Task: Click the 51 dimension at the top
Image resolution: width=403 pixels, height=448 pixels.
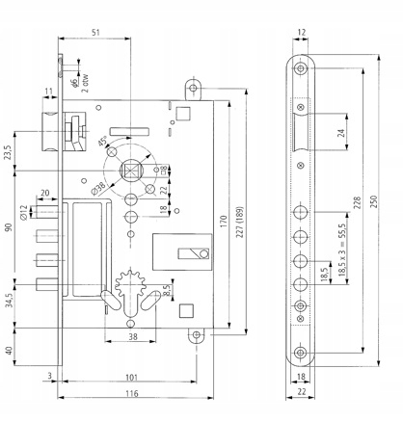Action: point(95,32)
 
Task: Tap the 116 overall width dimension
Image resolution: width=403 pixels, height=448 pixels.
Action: point(132,393)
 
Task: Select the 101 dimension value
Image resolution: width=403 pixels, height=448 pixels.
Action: point(131,378)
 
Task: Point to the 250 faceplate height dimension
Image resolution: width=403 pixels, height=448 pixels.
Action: point(374,201)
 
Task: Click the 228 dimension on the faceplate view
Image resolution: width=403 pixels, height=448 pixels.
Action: point(358,203)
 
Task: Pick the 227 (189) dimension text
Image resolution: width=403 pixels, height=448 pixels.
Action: point(240,223)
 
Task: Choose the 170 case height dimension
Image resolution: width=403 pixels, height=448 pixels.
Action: point(224,222)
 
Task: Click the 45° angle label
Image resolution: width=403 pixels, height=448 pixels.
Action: point(102,142)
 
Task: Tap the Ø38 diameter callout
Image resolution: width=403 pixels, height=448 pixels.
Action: point(98,189)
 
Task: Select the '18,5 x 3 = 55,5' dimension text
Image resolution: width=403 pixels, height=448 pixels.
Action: point(341,250)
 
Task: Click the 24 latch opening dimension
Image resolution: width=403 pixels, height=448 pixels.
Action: point(341,133)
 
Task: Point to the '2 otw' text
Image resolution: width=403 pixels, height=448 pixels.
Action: point(85,83)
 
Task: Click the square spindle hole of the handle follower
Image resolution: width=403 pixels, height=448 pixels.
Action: point(131,170)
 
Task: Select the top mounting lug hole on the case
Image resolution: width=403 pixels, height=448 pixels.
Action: point(193,88)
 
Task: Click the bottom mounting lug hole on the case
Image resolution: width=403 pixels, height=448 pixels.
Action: point(197,335)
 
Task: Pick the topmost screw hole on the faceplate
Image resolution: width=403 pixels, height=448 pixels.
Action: point(301,68)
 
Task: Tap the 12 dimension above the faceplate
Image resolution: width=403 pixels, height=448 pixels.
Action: point(302,32)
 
